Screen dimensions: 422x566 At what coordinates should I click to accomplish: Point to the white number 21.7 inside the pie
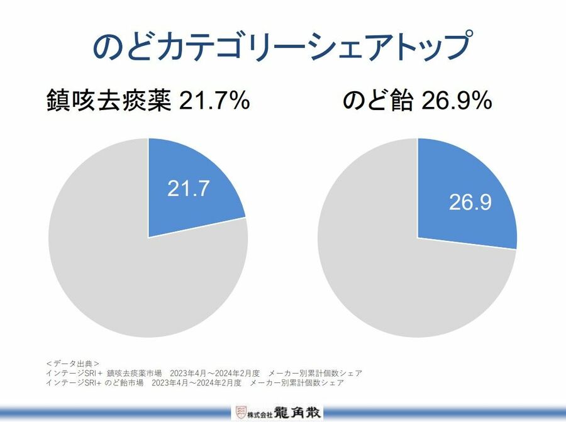[187, 189]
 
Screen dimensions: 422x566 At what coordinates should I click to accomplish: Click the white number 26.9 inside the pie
[470, 202]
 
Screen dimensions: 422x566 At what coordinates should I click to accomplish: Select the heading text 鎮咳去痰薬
[109, 101]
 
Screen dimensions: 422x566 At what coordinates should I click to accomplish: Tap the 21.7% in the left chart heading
[214, 101]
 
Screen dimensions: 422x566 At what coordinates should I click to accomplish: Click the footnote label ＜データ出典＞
[73, 364]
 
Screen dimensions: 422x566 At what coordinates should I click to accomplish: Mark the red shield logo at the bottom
[240, 413]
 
